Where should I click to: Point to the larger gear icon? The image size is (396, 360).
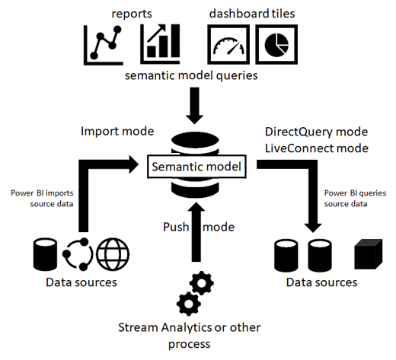[x=200, y=285]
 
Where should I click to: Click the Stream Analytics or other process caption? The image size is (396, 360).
[x=188, y=335]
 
